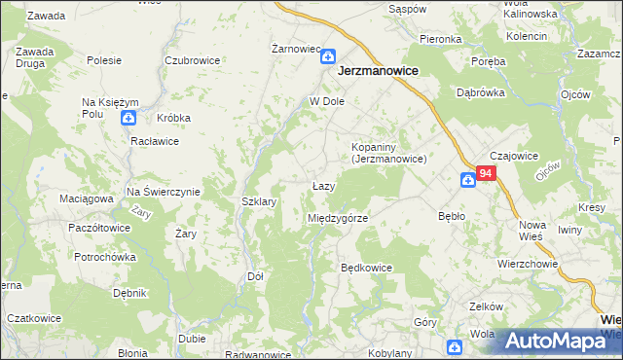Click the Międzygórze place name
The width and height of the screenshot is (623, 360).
[337, 218]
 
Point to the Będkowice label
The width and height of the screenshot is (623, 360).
[366, 267]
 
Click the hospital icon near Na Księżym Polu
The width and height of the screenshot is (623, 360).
[128, 119]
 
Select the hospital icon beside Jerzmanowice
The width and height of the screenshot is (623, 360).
[328, 57]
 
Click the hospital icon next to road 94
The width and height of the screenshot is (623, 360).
[467, 179]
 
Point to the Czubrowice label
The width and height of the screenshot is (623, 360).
[192, 59]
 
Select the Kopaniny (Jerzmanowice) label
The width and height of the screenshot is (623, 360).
[389, 152]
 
